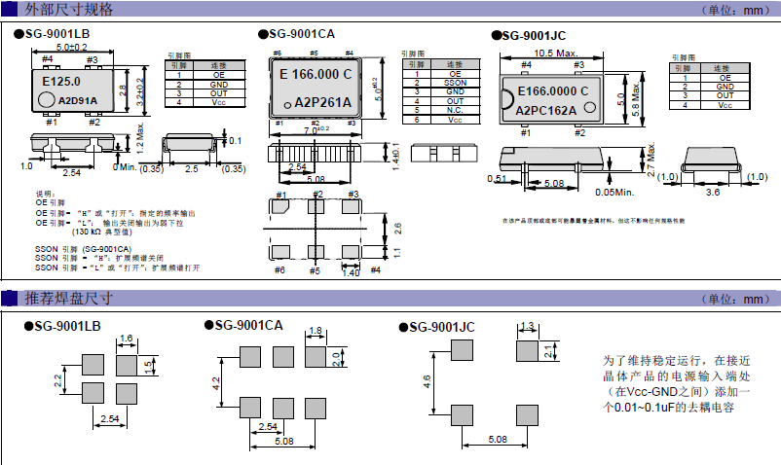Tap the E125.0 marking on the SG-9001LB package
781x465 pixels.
(62, 83)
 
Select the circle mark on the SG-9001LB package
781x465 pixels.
(46, 99)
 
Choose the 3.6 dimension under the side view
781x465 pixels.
(712, 193)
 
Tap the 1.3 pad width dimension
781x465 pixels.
(529, 326)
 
